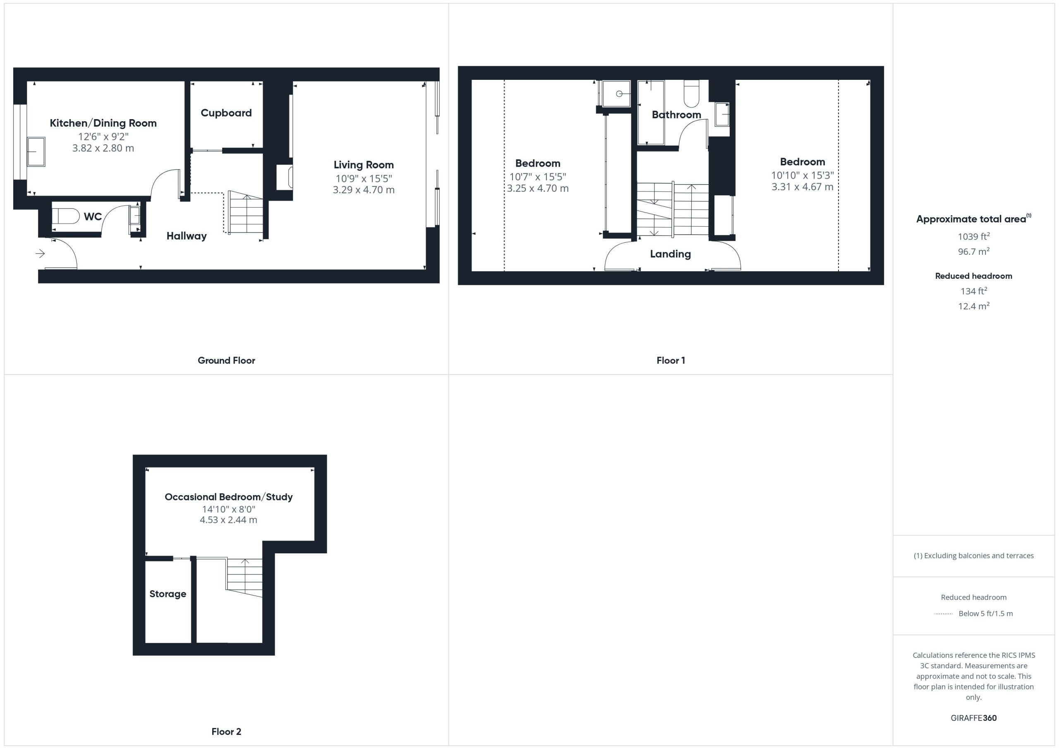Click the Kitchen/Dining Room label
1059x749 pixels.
(103, 123)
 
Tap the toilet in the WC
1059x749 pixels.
(65, 216)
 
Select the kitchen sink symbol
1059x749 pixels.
(36, 151)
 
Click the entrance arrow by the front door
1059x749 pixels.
(40, 253)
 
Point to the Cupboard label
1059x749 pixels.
(226, 113)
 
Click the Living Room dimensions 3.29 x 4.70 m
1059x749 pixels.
(364, 189)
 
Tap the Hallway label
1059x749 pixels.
(186, 236)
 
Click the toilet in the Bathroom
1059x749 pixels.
(691, 93)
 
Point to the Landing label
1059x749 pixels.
(670, 254)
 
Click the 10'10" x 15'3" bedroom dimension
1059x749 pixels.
(802, 175)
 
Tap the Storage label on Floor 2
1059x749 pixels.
(168, 594)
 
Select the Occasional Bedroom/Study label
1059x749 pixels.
(228, 497)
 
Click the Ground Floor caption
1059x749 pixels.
(226, 361)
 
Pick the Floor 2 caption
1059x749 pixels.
(226, 732)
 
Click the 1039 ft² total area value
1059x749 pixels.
(974, 236)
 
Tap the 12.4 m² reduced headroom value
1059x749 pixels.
(974, 306)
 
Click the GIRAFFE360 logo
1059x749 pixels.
(974, 718)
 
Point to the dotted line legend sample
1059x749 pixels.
(943, 614)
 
